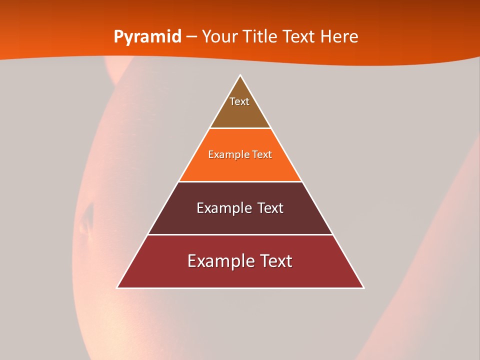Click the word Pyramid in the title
pyautogui.click(x=147, y=36)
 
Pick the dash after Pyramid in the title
pyautogui.click(x=191, y=37)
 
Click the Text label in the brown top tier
pyautogui.click(x=239, y=101)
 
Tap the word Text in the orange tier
pyautogui.click(x=262, y=154)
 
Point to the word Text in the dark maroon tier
pyautogui.click(x=270, y=208)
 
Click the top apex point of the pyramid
pyautogui.click(x=240, y=75)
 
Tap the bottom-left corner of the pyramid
pyautogui.click(x=117, y=287)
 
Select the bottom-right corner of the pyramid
pyautogui.click(x=363, y=287)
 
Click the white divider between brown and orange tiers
pyautogui.click(x=240, y=128)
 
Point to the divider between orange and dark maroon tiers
pyautogui.click(x=240, y=181)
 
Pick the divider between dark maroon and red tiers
pyautogui.click(x=240, y=234)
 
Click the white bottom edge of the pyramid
pyautogui.click(x=240, y=288)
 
